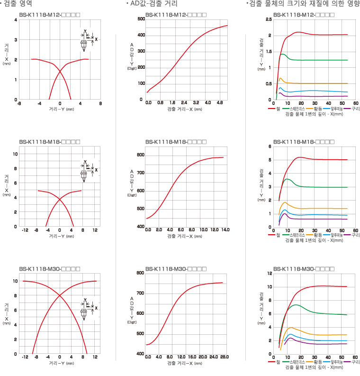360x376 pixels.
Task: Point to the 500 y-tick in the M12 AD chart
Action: (141, 19)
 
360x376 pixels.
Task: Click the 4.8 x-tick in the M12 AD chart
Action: (219, 103)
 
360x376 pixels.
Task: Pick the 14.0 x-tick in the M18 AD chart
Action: (225, 230)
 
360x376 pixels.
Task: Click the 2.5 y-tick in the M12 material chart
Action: (269, 19)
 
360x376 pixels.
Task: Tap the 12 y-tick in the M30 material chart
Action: (269, 274)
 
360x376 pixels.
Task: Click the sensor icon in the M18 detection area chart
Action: (83, 174)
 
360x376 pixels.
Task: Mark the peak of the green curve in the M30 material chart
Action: (296, 305)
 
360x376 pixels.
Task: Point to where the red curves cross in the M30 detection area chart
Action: (60, 296)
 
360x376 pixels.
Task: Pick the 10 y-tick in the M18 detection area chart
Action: (15, 154)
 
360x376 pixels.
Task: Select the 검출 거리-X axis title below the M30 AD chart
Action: (185, 363)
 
